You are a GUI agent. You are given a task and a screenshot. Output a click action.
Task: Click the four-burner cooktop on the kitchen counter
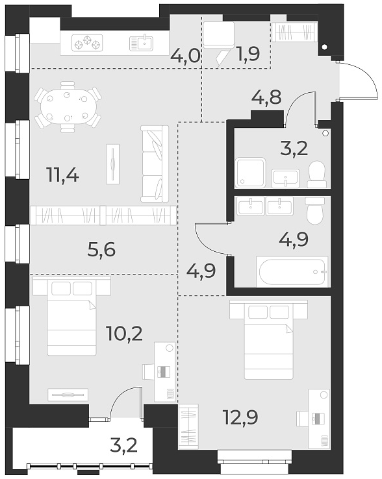tap(87, 44)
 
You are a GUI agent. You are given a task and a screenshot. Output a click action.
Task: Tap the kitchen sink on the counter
tap(141, 43)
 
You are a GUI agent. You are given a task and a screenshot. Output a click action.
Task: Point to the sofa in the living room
tap(155, 163)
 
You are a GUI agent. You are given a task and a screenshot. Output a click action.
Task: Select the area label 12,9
tap(240, 416)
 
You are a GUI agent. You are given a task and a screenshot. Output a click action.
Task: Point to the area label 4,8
tap(267, 100)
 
